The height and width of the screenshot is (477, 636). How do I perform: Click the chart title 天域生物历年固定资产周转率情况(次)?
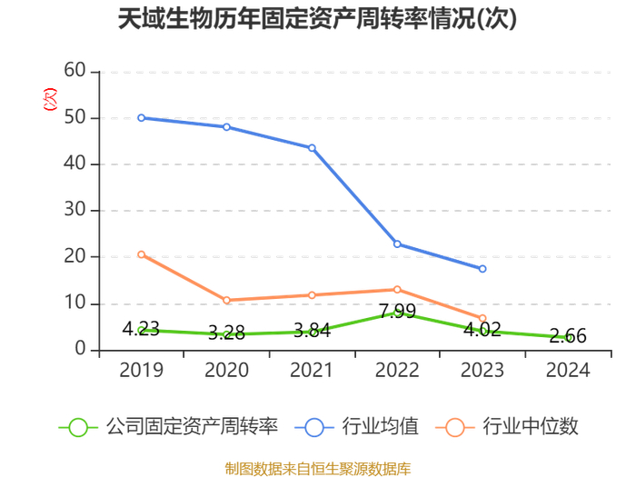(317, 19)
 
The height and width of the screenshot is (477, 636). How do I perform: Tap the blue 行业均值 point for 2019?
(141, 118)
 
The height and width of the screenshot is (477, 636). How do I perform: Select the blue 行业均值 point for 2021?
(312, 148)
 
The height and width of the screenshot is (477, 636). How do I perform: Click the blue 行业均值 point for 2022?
(397, 244)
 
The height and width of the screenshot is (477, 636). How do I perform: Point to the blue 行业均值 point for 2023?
(482, 269)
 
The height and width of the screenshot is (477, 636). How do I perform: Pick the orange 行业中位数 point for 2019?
(141, 254)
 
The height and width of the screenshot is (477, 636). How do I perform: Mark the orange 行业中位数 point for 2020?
(227, 300)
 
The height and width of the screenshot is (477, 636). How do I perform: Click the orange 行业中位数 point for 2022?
(397, 290)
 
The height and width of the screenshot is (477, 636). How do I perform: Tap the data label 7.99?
(398, 311)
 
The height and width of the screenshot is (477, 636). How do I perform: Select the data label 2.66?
(568, 336)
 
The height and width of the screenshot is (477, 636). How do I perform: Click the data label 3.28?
(227, 333)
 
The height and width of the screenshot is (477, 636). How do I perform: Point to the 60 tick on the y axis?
(75, 70)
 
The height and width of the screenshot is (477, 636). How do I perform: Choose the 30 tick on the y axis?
(75, 210)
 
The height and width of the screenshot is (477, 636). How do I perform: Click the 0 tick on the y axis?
(80, 349)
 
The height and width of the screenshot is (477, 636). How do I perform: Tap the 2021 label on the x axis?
(312, 370)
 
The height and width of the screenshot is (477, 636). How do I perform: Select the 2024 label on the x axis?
(568, 370)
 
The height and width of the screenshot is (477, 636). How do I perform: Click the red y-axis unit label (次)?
(50, 99)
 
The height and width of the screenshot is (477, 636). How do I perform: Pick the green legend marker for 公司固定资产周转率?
(78, 428)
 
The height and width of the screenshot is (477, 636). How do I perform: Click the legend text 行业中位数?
(531, 427)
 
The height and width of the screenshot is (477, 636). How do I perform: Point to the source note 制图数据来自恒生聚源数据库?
(318, 469)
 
